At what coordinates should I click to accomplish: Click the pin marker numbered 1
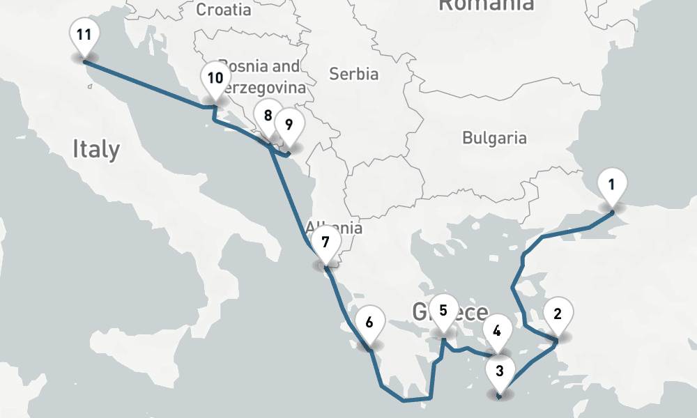tap(611, 186)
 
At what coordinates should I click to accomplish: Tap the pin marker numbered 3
tap(499, 371)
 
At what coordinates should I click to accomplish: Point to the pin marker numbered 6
tap(369, 323)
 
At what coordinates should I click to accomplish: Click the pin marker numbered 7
tap(325, 242)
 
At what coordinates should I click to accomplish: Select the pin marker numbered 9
tap(289, 125)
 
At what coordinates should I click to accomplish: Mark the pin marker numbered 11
tap(84, 36)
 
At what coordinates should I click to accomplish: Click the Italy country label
tap(96, 149)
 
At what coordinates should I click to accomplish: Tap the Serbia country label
tap(353, 74)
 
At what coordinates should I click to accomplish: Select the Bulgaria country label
tap(494, 137)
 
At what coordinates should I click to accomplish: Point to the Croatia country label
tap(223, 10)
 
